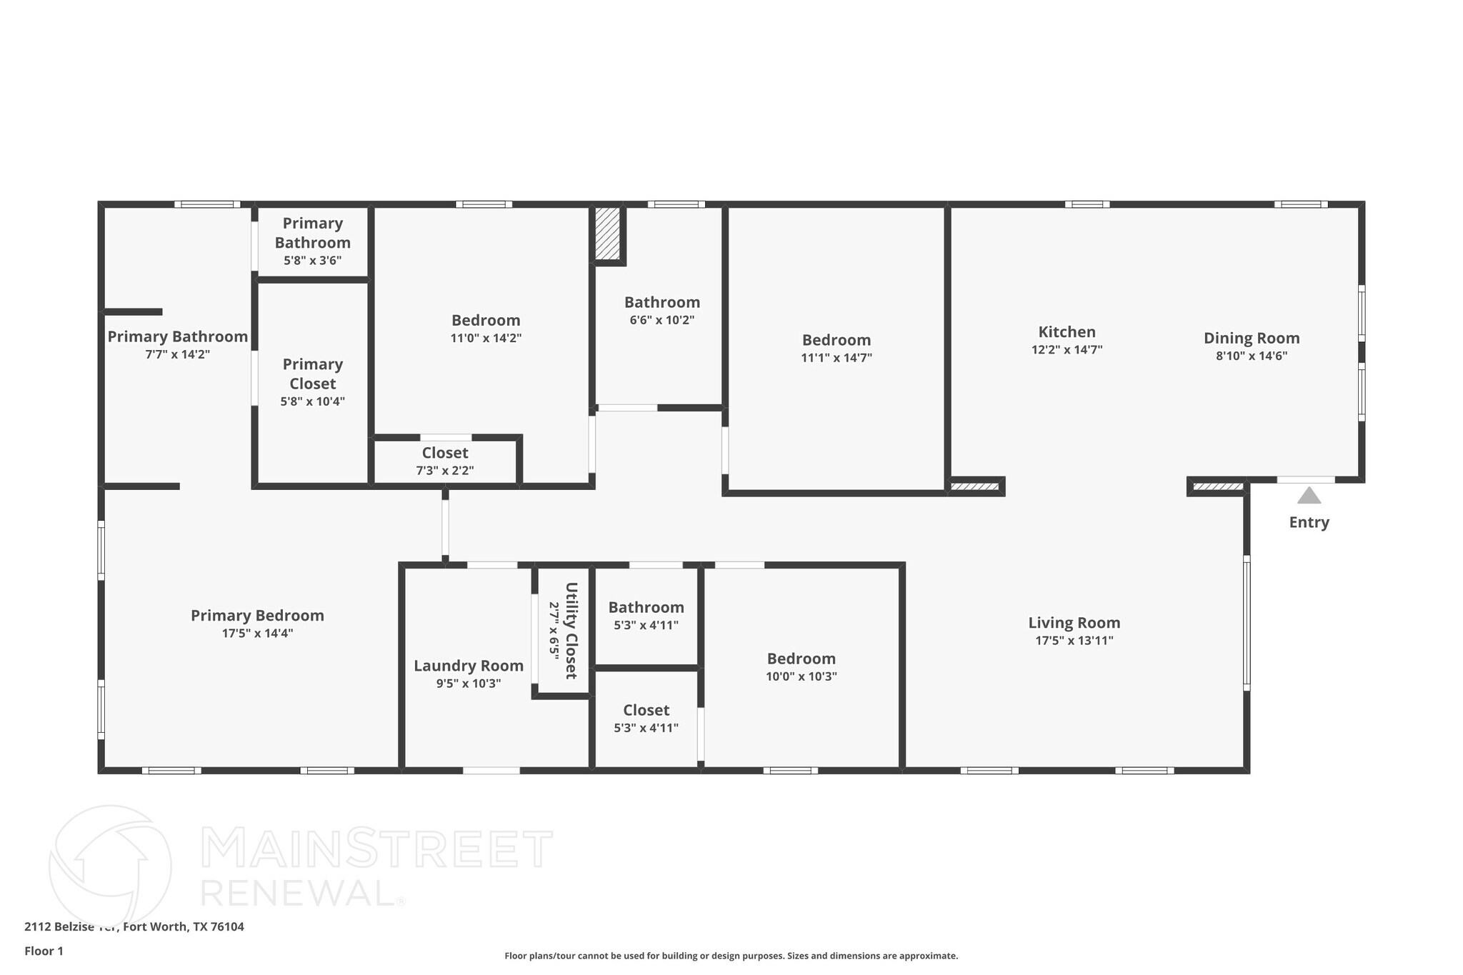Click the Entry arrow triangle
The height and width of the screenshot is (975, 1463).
(1309, 496)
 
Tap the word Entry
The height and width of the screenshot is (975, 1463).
(1309, 522)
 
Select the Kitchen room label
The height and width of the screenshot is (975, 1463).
(1067, 332)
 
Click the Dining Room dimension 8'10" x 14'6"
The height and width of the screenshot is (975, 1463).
(1252, 356)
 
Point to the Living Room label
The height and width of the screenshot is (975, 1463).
(1074, 623)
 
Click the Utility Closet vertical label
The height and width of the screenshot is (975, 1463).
(571, 631)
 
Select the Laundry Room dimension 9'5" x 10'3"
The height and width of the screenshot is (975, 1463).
(469, 684)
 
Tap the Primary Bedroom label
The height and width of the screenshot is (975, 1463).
(257, 616)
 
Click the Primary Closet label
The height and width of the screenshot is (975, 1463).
(312, 374)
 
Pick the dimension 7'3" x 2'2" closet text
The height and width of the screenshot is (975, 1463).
(445, 471)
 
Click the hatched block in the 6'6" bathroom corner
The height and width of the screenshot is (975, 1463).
(607, 234)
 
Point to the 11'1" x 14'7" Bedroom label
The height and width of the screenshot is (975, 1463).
(836, 340)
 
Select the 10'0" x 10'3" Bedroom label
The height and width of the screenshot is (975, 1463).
(801, 659)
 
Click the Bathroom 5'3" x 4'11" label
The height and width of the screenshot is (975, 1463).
(646, 608)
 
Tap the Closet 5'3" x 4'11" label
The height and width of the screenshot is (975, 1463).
(646, 710)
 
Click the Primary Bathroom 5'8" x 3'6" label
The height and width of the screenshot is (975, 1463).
(312, 233)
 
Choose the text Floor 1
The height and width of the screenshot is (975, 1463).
(44, 951)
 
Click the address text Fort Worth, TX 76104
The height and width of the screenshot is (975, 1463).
(184, 927)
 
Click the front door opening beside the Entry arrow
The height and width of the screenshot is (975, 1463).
(1305, 480)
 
